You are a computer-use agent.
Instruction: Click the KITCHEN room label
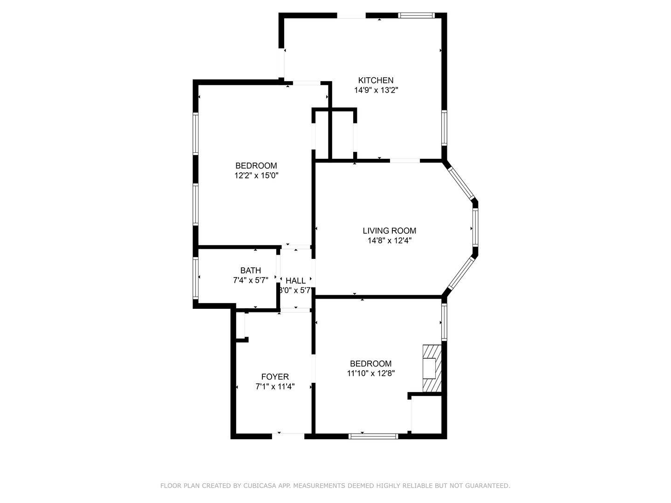click(x=376, y=80)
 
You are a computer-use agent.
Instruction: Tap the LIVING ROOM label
click(x=389, y=231)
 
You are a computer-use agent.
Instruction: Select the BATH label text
click(x=250, y=270)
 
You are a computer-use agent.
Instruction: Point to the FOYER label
click(x=275, y=377)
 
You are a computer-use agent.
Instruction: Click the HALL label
click(x=295, y=280)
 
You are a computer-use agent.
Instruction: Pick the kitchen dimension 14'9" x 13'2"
click(x=376, y=90)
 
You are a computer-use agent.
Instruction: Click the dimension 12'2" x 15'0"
click(x=256, y=175)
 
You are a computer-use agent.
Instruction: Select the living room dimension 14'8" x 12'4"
click(x=389, y=240)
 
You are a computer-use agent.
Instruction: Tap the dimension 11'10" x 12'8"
click(x=370, y=373)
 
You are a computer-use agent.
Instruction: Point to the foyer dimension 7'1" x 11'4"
click(x=275, y=387)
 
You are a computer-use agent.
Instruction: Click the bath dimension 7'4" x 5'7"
click(x=250, y=280)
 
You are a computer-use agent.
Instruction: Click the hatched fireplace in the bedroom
click(x=432, y=368)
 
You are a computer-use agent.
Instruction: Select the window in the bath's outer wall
click(x=195, y=278)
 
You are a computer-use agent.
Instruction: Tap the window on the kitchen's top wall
click(x=416, y=15)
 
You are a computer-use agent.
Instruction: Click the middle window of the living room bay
click(x=475, y=227)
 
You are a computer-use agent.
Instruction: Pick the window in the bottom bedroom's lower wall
click(x=373, y=436)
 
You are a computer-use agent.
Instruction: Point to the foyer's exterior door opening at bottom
click(x=288, y=436)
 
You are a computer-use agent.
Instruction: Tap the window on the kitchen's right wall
click(x=444, y=128)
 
